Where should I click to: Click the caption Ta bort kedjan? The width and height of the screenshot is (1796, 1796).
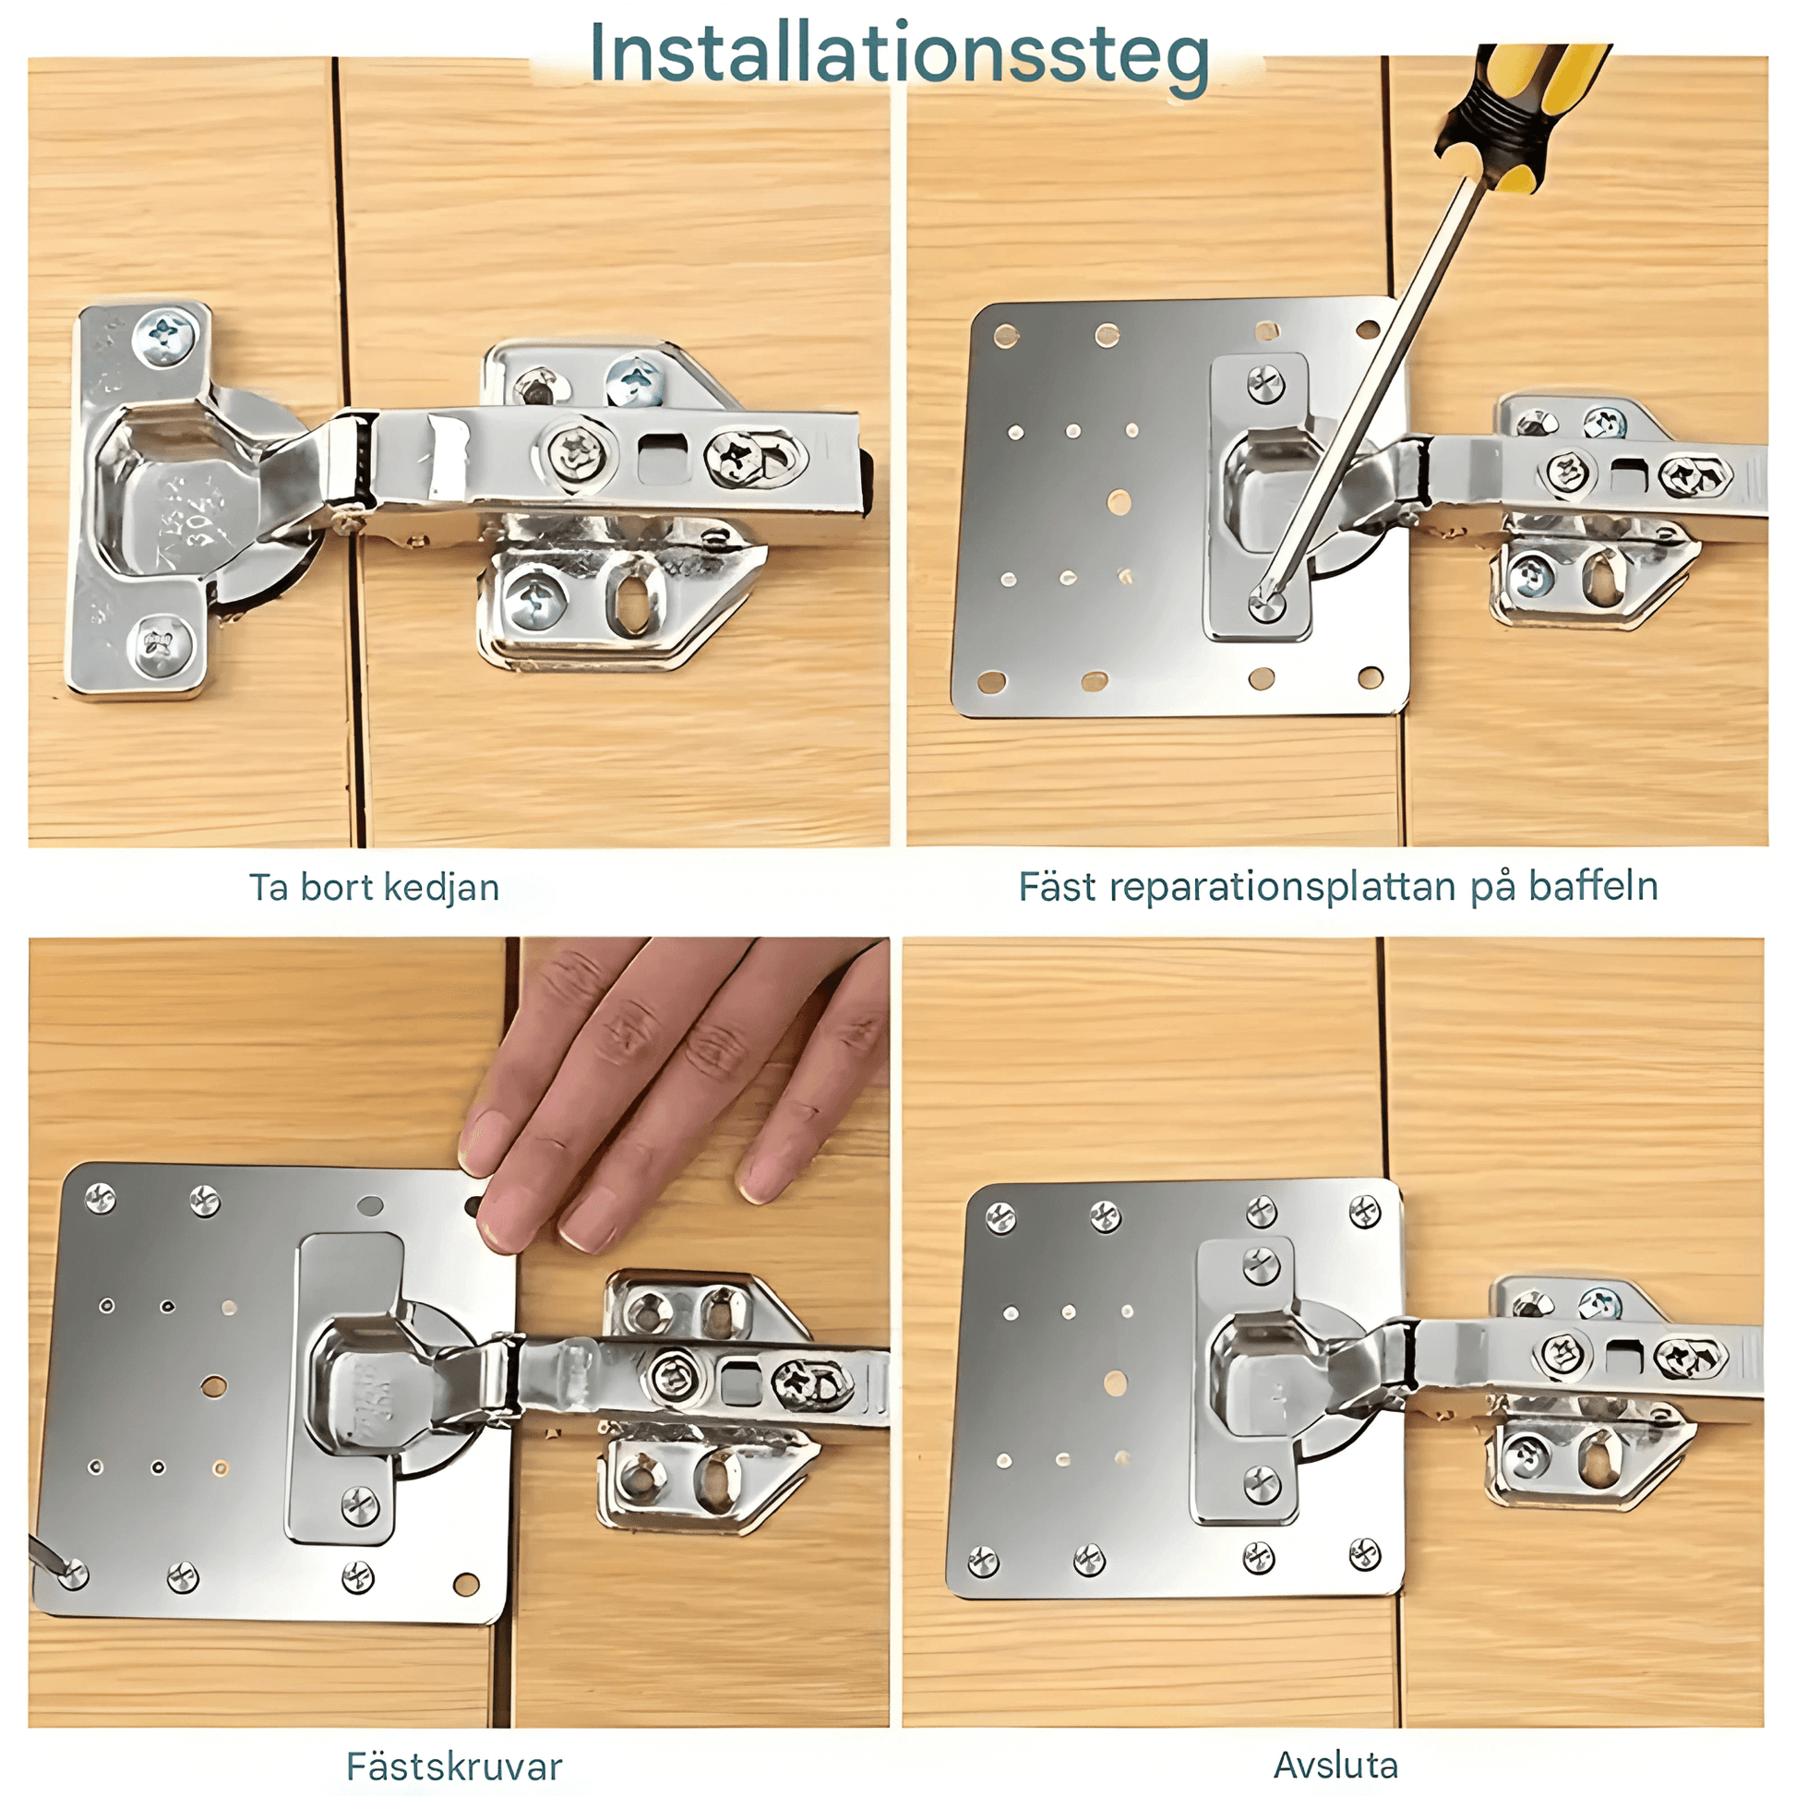pyautogui.click(x=374, y=887)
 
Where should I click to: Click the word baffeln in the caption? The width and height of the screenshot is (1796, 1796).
pyautogui.click(x=1593, y=886)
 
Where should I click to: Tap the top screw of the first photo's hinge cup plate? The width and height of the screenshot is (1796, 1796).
pyautogui.click(x=165, y=337)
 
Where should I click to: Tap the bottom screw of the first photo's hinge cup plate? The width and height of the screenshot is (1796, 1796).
pyautogui.click(x=161, y=642)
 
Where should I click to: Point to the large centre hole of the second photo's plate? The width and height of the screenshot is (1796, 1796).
pyautogui.click(x=1120, y=503)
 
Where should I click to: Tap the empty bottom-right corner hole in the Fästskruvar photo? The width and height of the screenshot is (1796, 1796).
pyautogui.click(x=466, y=1584)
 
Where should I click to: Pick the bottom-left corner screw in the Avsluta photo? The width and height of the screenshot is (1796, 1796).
pyautogui.click(x=983, y=1561)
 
